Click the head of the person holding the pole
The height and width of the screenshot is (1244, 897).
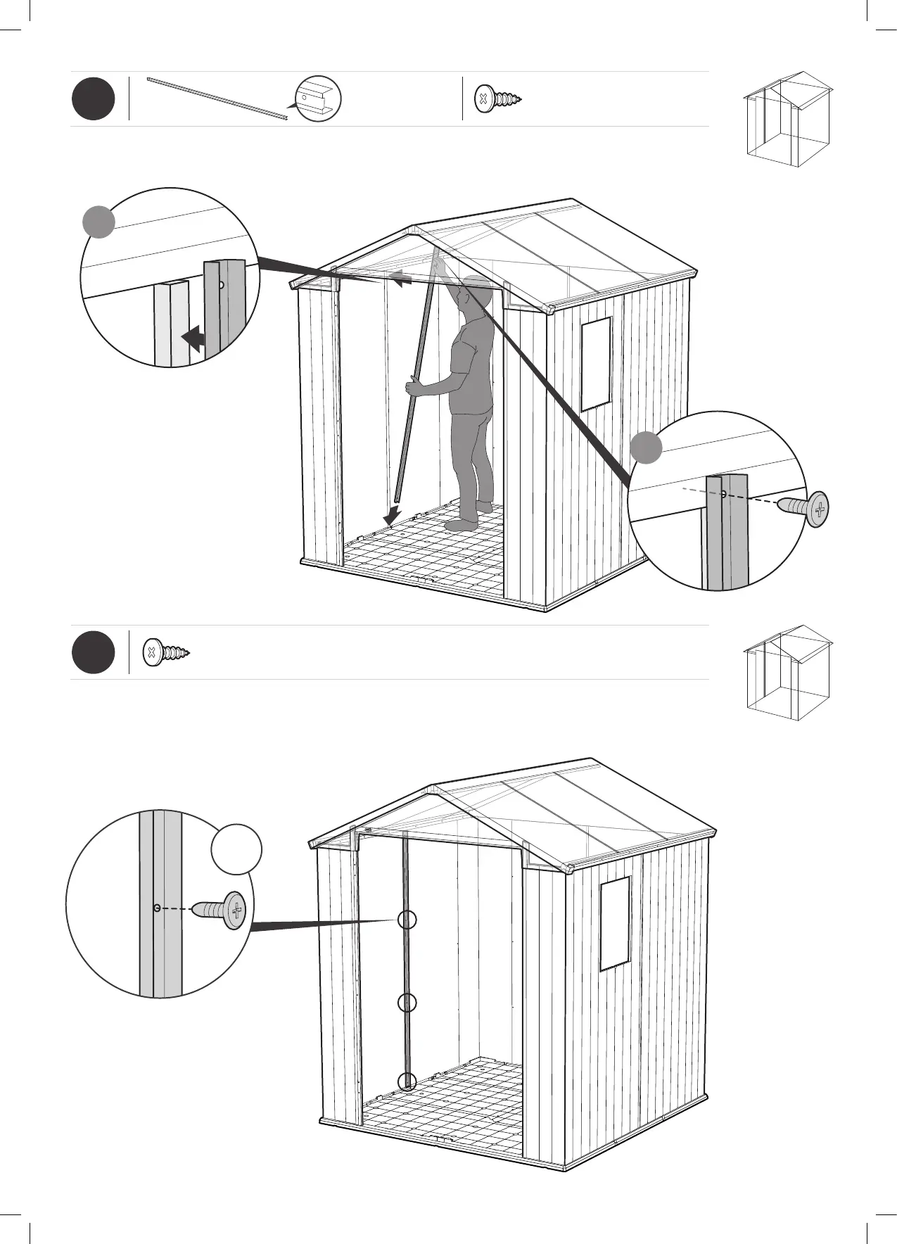tap(477, 291)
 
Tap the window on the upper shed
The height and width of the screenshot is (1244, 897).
tap(596, 364)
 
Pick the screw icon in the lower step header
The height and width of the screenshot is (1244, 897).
tap(166, 653)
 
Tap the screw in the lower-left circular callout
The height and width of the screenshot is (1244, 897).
tap(220, 910)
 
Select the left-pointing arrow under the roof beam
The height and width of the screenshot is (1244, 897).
tap(401, 280)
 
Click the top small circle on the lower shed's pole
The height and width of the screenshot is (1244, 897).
tap(407, 920)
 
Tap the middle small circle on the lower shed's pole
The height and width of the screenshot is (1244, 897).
tap(407, 1003)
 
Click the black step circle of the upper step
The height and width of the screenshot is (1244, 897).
tap(93, 99)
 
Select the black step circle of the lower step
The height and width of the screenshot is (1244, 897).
tap(93, 653)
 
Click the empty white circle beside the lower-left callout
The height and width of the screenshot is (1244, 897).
tap(236, 849)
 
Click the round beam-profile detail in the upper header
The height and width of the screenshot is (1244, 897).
tap(318, 99)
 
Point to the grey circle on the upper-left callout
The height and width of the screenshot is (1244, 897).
tap(98, 222)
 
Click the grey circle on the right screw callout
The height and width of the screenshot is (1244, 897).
tap(646, 448)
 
